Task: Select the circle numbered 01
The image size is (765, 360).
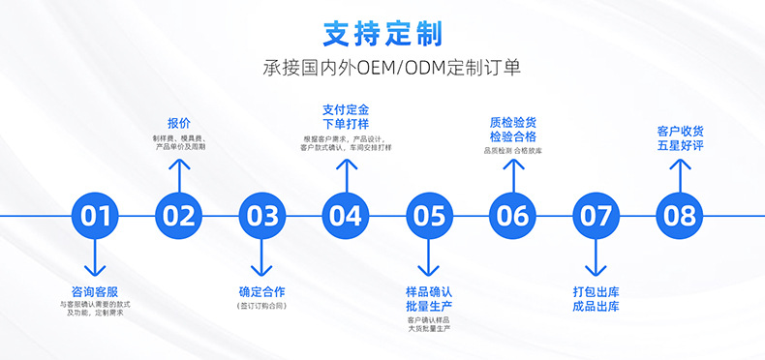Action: coord(95,215)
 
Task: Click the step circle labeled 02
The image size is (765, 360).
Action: coord(178,215)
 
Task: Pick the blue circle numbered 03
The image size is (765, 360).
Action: coord(261,215)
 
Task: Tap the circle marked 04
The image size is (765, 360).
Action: coord(346,215)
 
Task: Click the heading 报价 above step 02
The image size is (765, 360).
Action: coord(178,123)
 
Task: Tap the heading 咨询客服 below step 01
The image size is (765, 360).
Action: coord(95,291)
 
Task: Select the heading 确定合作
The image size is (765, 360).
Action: coord(261,291)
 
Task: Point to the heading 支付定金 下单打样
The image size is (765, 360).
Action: coord(346,115)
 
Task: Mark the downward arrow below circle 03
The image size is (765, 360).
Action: coord(261,257)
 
